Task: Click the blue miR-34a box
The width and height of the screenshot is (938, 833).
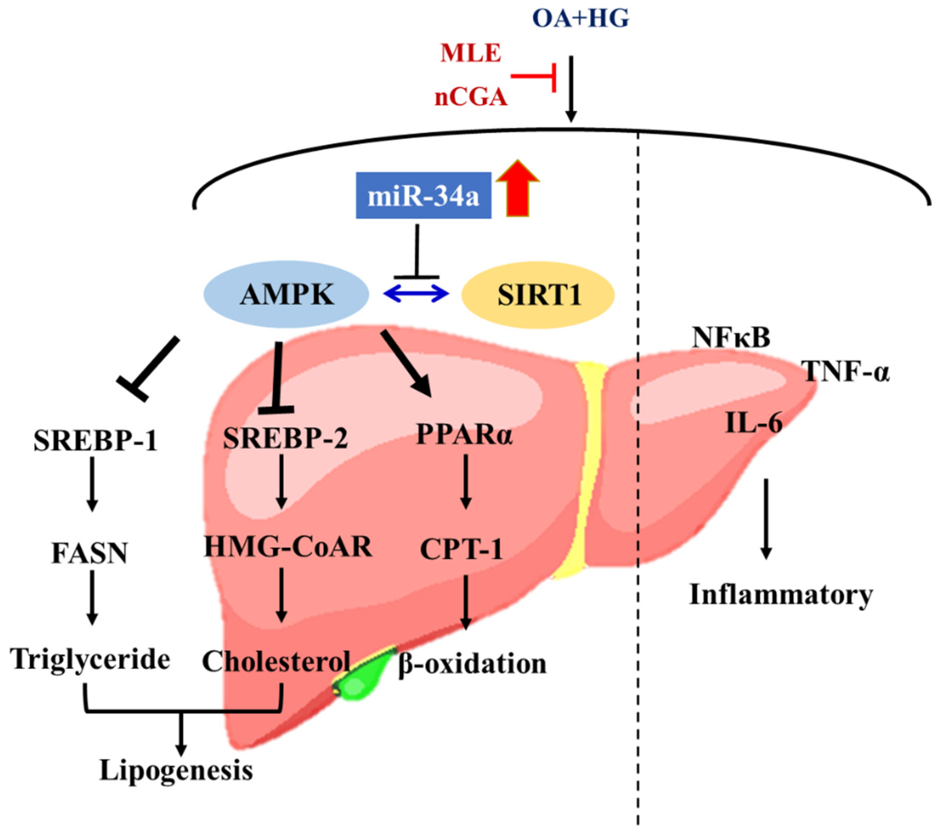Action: coord(423,196)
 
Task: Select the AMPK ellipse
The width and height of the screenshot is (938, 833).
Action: coord(286,294)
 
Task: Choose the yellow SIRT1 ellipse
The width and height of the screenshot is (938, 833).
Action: coord(538,295)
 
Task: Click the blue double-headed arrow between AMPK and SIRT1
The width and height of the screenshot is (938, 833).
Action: coord(416,294)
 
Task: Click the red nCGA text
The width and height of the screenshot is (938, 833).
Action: coord(471,97)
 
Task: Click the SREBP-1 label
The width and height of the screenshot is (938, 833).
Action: coord(95,441)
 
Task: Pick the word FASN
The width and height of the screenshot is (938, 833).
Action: coord(89,553)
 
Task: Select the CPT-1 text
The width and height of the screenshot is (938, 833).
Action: coord(461,549)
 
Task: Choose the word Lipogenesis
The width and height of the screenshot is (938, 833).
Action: coord(176,770)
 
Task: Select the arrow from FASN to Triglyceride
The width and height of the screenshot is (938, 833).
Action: coord(92,597)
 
